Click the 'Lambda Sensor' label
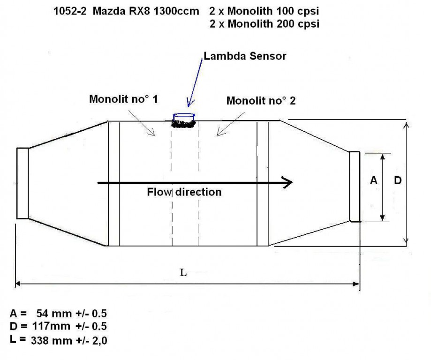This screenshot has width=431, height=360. [x=244, y=57]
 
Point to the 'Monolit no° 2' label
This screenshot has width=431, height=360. [x=261, y=100]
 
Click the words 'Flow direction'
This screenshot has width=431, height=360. [x=184, y=192]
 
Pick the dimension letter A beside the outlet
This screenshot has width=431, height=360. [x=373, y=180]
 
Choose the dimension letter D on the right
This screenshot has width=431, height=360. [x=397, y=180]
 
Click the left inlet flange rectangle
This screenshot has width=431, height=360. [x=23, y=183]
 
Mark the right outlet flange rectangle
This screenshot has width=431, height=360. [x=355, y=187]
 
